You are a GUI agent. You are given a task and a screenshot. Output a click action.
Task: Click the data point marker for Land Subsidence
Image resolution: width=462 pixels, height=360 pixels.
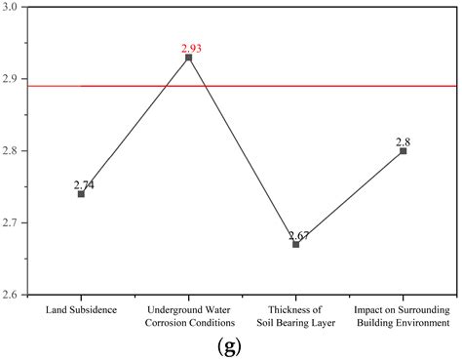coord(81,194)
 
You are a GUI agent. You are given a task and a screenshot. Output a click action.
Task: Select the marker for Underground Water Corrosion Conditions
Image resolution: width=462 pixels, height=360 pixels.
coord(188,58)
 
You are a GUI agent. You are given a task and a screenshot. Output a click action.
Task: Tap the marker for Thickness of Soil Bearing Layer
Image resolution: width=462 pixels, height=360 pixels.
coord(296,244)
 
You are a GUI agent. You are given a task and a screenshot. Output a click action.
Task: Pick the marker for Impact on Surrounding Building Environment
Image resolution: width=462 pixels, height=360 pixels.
coord(403,151)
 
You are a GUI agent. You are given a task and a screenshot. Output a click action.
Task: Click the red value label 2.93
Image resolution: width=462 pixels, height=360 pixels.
coord(189,47)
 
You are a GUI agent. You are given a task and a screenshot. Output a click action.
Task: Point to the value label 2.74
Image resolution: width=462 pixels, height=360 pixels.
coord(84,183)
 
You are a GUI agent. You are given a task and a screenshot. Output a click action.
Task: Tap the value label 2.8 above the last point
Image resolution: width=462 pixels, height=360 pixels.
coord(403,141)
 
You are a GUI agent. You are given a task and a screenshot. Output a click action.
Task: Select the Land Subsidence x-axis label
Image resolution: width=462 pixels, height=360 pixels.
coord(81,309)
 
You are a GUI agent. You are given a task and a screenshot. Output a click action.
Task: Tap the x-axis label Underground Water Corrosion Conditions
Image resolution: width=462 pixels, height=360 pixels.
coord(188,315)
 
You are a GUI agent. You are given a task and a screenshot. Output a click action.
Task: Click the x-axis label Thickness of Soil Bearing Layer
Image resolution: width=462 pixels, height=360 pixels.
coord(296,315)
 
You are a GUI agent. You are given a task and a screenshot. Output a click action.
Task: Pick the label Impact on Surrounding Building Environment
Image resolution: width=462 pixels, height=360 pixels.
coord(403,315)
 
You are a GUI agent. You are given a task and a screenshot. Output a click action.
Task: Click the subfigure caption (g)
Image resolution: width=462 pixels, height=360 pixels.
coord(232,344)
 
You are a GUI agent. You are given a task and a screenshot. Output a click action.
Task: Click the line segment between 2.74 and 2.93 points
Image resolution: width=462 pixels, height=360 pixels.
coord(135,126)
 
